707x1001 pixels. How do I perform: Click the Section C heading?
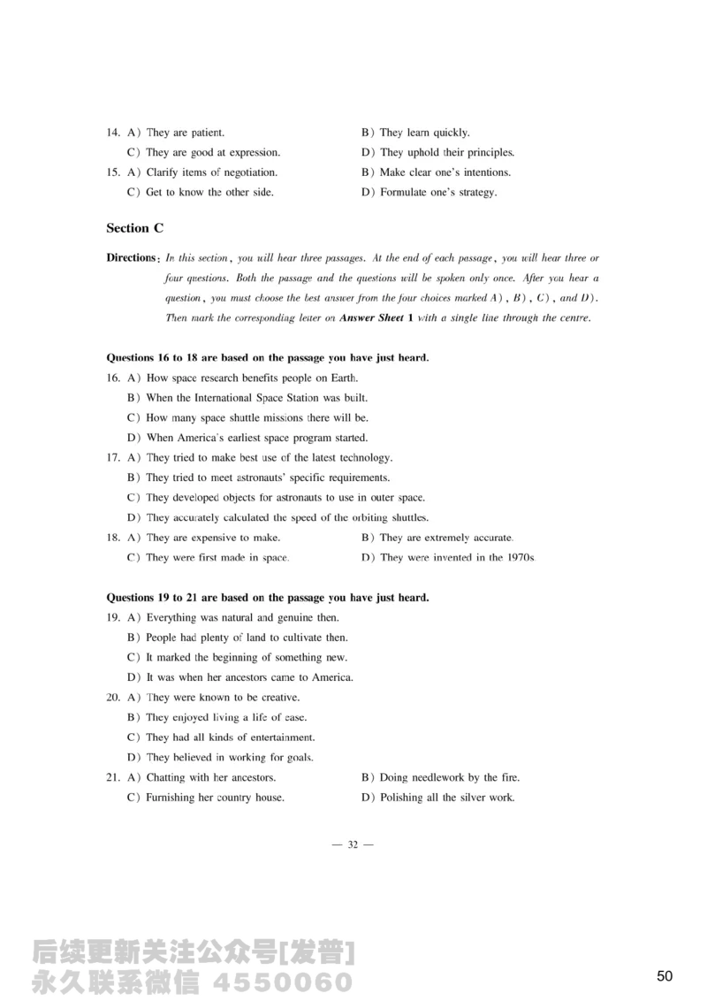tap(134, 228)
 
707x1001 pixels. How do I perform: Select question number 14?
tap(113, 133)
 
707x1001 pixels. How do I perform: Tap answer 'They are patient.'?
tap(179, 133)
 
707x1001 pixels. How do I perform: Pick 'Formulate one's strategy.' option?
tap(438, 192)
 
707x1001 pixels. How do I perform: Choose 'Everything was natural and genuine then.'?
tap(242, 617)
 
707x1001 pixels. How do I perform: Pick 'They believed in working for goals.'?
tap(230, 757)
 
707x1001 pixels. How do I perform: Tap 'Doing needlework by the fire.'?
tap(449, 777)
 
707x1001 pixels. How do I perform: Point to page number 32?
tap(353, 845)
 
